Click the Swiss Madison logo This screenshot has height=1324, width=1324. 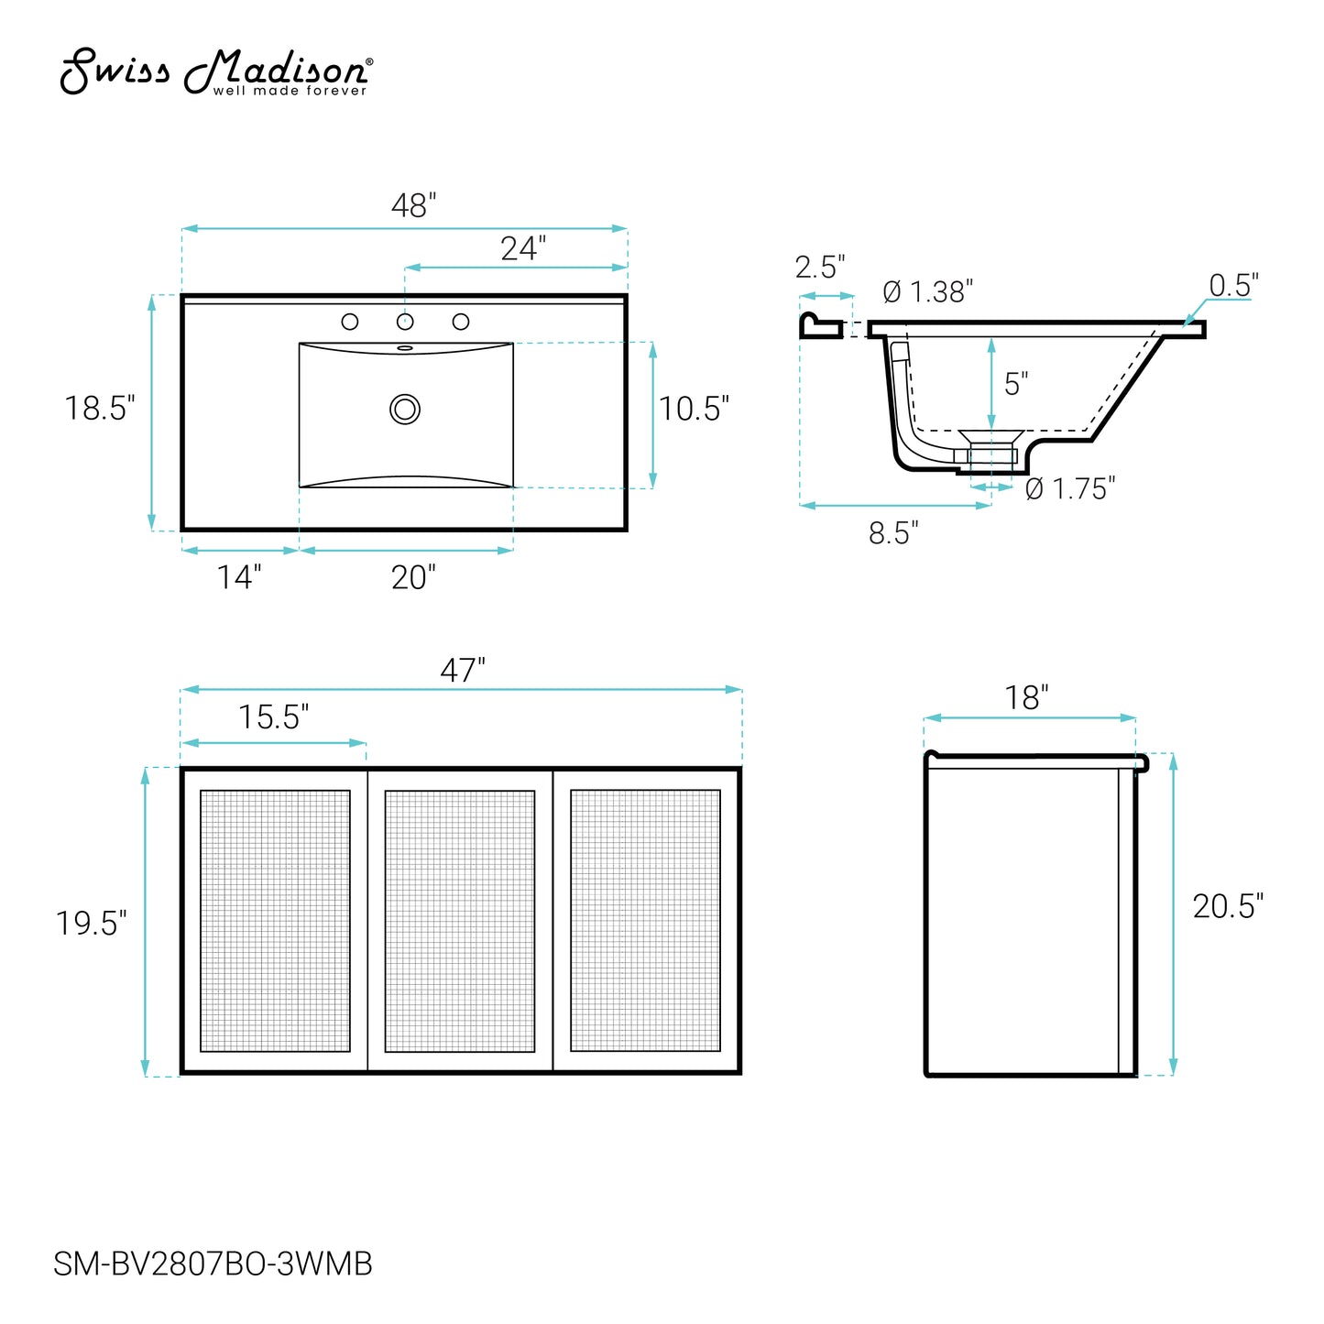pos(215,71)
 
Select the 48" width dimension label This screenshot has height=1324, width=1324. pos(413,206)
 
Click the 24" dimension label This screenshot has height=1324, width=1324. pos(523,248)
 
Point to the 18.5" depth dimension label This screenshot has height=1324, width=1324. pos(100,409)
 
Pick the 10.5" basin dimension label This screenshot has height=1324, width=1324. pos(694,410)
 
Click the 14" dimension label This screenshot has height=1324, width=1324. pos(239,577)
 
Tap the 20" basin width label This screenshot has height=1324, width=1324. pos(413,577)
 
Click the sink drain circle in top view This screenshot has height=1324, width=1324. pos(405,409)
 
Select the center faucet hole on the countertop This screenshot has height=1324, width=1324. pos(405,322)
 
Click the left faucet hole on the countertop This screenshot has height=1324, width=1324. pos(349,322)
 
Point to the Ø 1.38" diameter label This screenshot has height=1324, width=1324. pos(927,292)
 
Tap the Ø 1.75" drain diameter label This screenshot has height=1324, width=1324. pos(1069,489)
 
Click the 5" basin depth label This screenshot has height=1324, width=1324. pos(1015,384)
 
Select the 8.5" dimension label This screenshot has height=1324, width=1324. pos(893,533)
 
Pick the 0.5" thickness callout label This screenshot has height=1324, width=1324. pos(1233,286)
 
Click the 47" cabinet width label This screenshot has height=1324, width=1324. pos(462,671)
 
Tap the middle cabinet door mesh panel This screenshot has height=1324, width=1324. pos(460,921)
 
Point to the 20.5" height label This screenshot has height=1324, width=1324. pos(1228,907)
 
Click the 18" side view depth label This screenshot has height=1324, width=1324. pos(1026,698)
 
